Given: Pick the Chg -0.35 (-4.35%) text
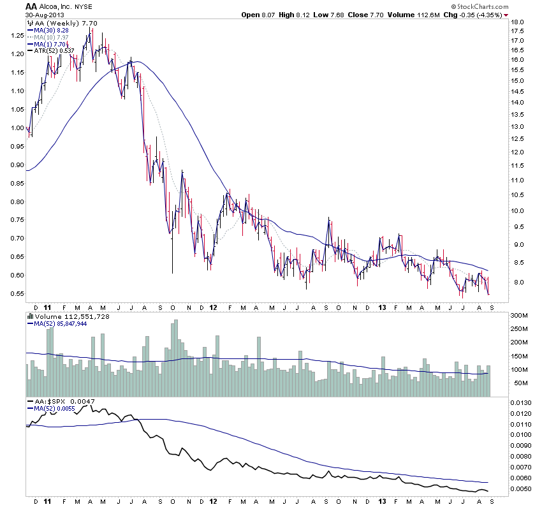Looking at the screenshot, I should click(x=474, y=15).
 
